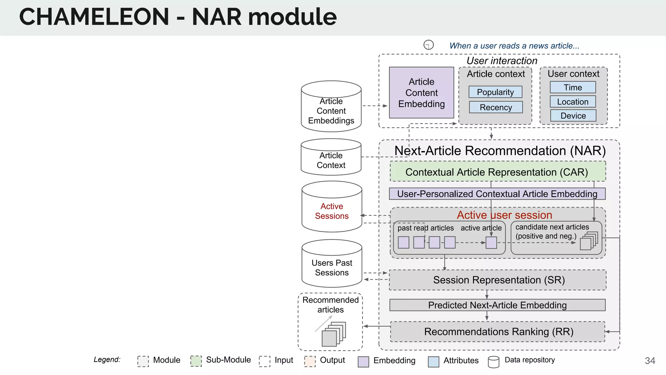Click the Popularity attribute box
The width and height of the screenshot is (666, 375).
[495, 92]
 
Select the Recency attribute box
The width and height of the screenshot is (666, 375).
[496, 107]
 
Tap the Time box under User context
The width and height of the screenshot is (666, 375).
[573, 87]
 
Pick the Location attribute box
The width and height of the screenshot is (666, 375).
[573, 102]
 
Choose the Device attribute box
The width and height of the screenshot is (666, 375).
[573, 116]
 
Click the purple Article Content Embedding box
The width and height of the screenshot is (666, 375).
[421, 93]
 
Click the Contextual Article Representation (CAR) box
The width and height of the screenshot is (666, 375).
[497, 172]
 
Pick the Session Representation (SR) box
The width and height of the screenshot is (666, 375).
[498, 280]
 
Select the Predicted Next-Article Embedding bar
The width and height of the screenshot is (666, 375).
[497, 305]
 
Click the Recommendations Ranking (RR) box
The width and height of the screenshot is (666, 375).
[498, 331]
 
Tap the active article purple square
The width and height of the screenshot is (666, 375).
[491, 243]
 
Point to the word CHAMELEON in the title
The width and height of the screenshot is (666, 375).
[94, 17]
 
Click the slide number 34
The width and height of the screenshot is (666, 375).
[650, 361]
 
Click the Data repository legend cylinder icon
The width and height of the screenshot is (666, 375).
[493, 362]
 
